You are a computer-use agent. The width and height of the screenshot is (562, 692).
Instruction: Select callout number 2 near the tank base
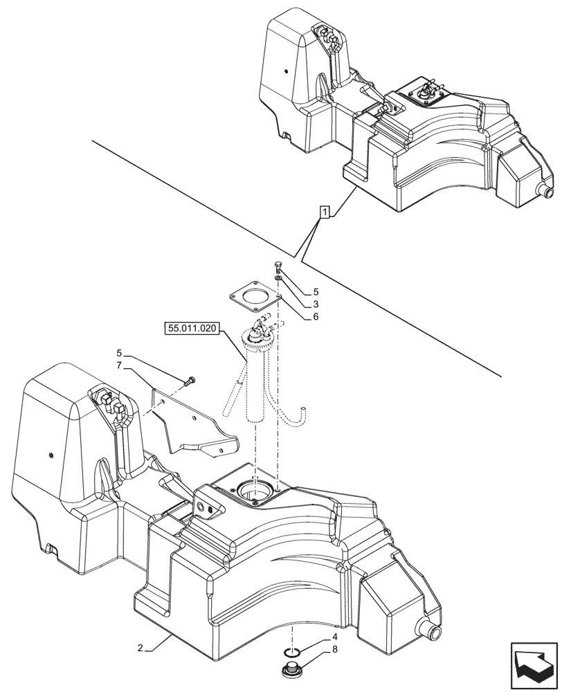pyautogui.click(x=140, y=648)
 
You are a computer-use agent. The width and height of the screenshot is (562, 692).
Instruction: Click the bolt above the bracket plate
pyautogui.click(x=190, y=380)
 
